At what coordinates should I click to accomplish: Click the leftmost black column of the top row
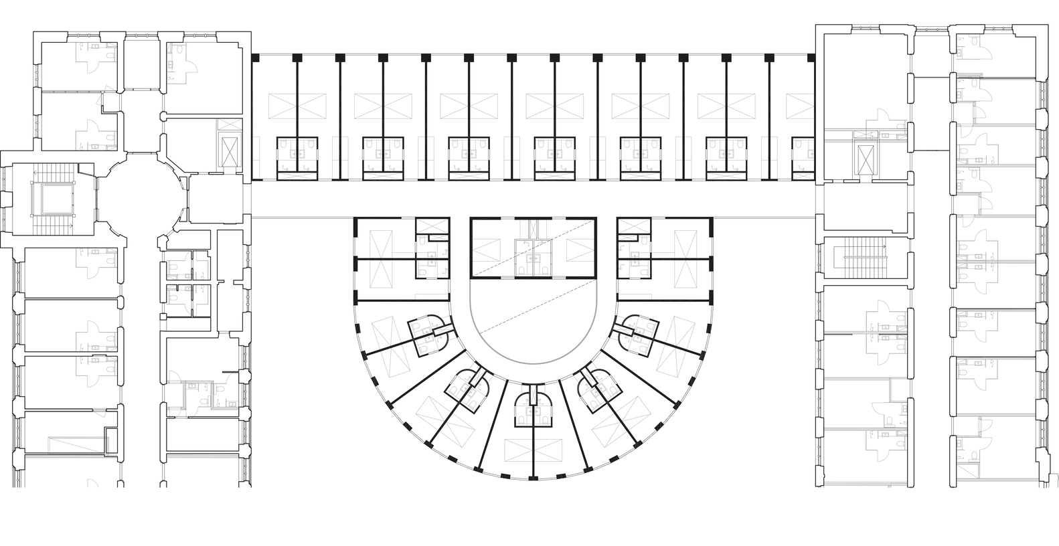tap(254, 58)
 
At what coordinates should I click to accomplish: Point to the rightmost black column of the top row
tap(811, 58)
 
